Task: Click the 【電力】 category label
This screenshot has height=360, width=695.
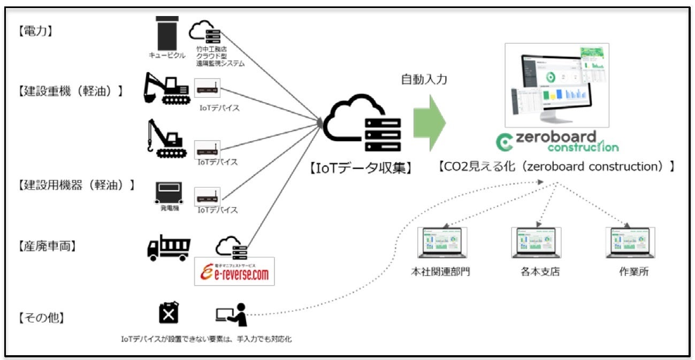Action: [x=35, y=32]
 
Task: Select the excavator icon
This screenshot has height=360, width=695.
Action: [x=167, y=89]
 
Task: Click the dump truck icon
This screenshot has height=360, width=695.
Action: [x=169, y=248]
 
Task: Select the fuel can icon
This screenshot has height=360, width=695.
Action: [x=169, y=313]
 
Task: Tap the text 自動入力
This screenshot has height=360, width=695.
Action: [x=424, y=79]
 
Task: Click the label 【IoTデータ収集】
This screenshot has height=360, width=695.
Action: [x=360, y=168]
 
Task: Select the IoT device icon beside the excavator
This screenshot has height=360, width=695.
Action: [x=208, y=89]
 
